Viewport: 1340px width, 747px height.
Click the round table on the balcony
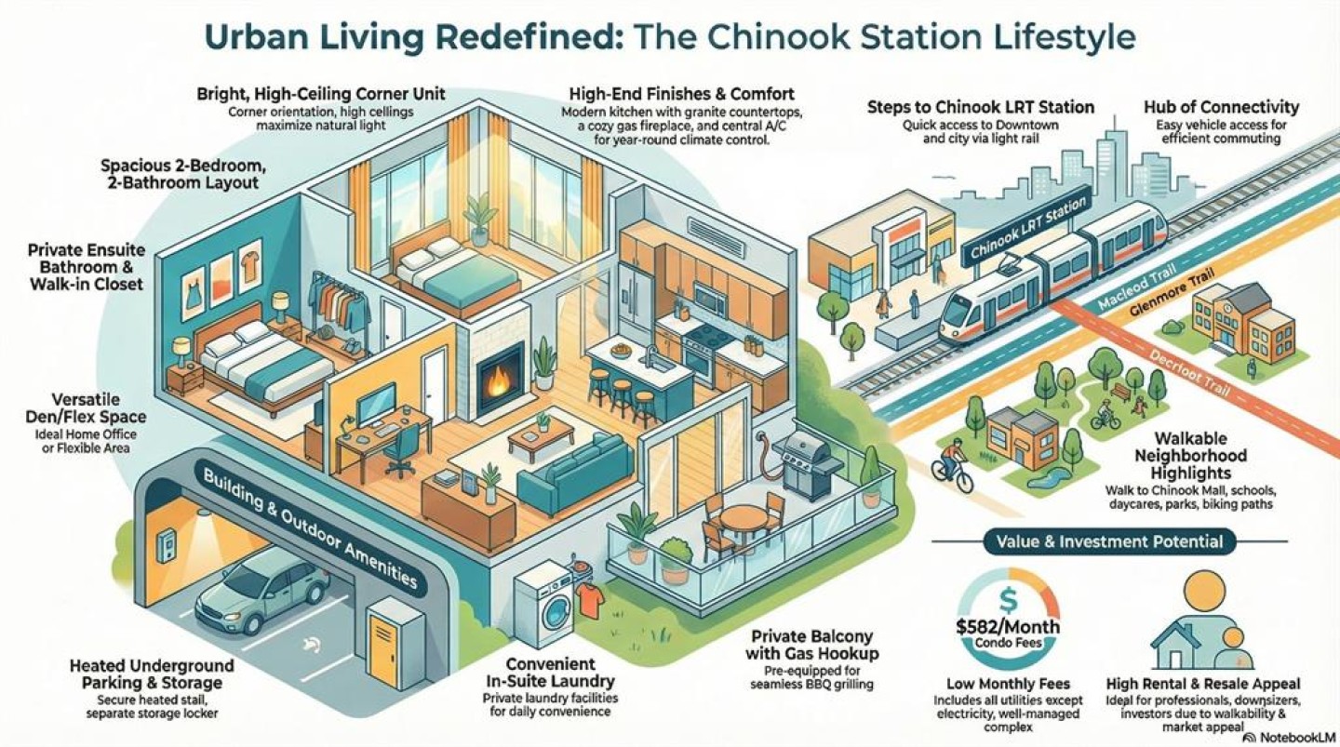744,517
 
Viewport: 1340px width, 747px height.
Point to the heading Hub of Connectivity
1221,107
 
